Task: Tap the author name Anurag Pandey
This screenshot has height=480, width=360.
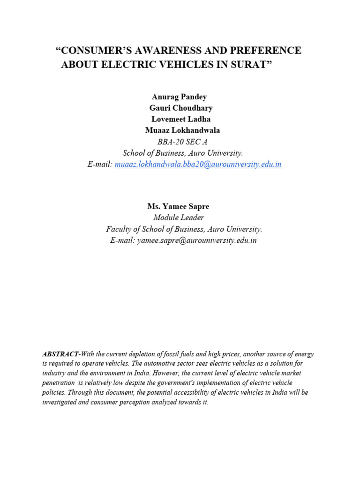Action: point(179,97)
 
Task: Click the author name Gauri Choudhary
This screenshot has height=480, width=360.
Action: point(180,108)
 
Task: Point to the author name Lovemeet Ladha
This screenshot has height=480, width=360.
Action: point(180,119)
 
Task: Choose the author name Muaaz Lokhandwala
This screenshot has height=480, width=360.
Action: point(182,130)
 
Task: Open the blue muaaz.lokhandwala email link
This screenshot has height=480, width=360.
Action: point(198,165)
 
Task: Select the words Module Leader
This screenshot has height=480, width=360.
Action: point(179,217)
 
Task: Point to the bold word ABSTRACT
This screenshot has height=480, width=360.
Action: point(60,353)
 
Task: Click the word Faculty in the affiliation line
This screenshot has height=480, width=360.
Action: point(119,229)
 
